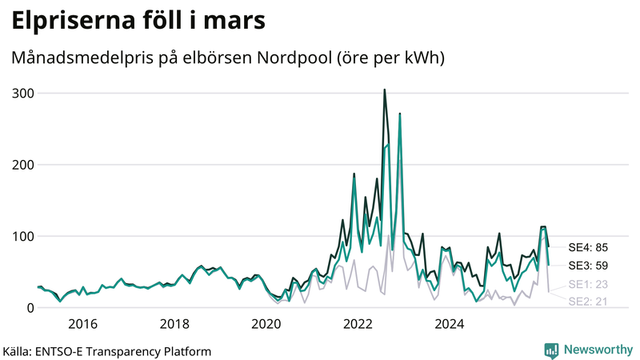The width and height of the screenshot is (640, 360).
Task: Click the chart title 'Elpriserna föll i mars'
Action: point(138,22)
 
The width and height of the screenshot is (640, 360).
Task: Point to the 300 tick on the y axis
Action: point(22,94)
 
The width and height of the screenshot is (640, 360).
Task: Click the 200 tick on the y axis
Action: point(22,165)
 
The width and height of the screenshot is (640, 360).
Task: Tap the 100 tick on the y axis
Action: point(22,237)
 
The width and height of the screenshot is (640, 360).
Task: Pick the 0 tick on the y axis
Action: point(29,308)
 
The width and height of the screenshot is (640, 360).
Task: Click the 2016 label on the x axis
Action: point(82,324)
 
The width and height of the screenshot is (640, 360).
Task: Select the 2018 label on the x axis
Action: point(174,324)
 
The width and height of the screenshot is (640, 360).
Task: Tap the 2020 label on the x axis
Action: point(266,324)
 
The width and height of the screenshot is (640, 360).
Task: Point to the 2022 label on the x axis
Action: point(358,324)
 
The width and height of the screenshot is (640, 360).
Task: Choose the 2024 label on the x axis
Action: point(450,324)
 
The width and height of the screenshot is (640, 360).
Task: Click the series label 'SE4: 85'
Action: point(588,247)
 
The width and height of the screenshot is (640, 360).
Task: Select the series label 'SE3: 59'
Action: point(588,266)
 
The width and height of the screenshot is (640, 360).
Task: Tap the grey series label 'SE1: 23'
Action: point(588,284)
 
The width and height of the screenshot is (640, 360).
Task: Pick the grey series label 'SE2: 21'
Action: point(588,302)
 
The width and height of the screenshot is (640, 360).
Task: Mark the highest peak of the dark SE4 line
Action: point(385,90)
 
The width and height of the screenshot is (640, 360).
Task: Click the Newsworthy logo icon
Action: point(551,350)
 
